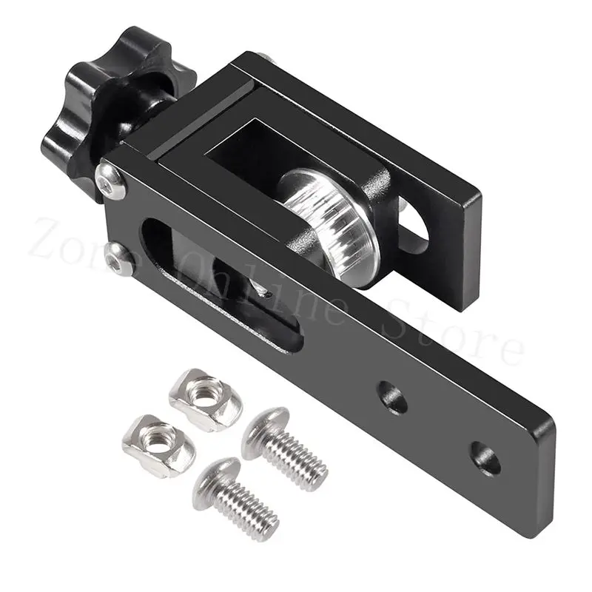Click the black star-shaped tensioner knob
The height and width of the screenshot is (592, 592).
111,96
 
